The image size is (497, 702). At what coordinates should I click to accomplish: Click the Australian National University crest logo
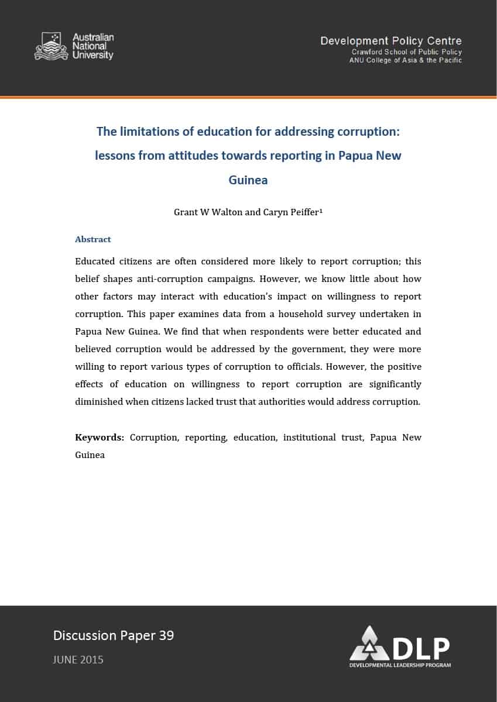point(52,46)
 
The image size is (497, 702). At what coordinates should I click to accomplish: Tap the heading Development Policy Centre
point(390,41)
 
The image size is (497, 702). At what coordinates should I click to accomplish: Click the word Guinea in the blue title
point(248,180)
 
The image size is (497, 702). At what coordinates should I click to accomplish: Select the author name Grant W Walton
point(208,212)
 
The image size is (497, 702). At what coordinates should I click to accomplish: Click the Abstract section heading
point(92,239)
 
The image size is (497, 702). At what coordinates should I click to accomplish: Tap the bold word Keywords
point(99,438)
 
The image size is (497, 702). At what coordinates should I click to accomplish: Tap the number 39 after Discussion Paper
point(166,635)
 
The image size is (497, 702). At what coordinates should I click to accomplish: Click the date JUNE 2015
point(78,659)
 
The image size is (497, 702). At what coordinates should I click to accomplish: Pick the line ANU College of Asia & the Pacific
point(406,60)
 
